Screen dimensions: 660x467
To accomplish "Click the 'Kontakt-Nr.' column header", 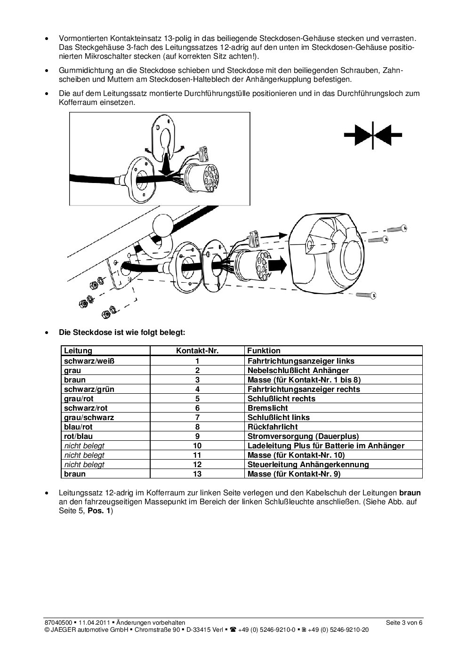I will [197, 350].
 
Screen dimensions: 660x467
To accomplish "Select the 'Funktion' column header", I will [264, 350].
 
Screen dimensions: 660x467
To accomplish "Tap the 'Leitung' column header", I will [78, 350].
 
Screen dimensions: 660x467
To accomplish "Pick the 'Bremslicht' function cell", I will [268, 408].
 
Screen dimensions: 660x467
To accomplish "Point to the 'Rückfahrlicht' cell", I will [273, 427].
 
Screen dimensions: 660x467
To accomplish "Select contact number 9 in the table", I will [197, 436].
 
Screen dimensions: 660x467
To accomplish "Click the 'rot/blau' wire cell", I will [79, 436].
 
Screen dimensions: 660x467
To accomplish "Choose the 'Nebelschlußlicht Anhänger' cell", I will [298, 370].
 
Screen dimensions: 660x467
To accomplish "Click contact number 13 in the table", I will [197, 474].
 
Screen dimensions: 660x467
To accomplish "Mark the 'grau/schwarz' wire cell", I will [89, 417].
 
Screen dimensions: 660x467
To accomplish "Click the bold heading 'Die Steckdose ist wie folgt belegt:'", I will [122, 332].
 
